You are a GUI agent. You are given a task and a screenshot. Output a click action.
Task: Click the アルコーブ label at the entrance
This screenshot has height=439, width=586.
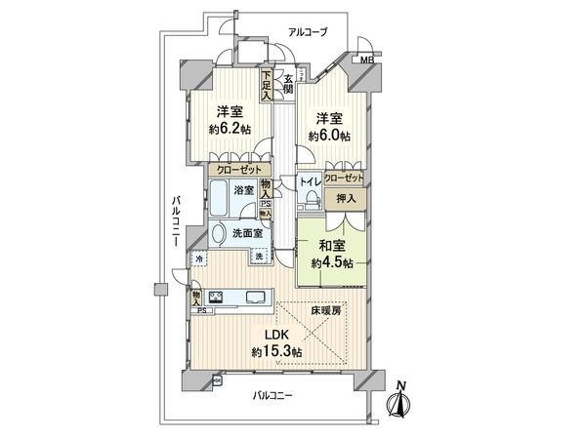coord(307,33)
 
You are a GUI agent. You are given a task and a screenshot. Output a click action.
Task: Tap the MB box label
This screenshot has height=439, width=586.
coord(366,61)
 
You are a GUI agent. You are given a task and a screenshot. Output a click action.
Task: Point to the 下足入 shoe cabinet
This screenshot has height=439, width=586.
coord(266,85)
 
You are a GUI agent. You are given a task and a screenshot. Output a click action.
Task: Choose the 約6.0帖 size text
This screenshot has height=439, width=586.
coord(329,136)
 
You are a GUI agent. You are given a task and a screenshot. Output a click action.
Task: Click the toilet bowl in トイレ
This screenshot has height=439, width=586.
coord(311,200)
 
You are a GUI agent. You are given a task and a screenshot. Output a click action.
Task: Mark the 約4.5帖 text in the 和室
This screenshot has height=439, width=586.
coord(331,263)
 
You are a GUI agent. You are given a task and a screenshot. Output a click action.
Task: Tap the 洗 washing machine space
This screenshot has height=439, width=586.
coord(259,257)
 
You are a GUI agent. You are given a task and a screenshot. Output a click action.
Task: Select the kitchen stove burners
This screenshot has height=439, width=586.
coord(216,299)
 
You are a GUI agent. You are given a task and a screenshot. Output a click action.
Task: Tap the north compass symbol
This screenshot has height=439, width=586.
coord(401,400)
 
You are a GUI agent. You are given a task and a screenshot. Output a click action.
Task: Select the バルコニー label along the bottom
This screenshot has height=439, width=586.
coord(275,394)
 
